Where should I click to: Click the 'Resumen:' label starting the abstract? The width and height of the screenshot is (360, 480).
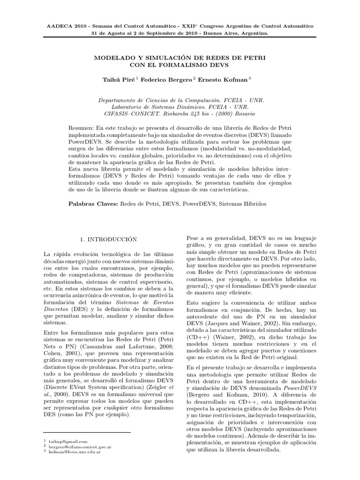click(82, 127)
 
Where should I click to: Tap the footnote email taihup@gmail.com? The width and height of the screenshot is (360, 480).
click(68, 442)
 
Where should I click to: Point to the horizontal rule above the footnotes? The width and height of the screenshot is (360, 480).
click(87, 433)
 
